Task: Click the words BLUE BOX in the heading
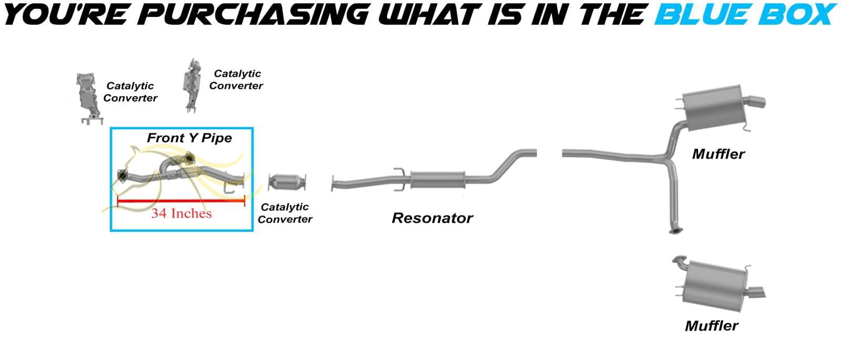[x=746, y=14]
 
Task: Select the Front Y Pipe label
[x=189, y=138]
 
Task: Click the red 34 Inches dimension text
[x=181, y=213]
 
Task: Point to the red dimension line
[x=181, y=201]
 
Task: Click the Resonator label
[x=432, y=218]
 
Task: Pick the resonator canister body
[x=438, y=180]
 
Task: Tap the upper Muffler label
[x=718, y=154]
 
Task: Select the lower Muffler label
[x=712, y=325]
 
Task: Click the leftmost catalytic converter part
[x=89, y=98]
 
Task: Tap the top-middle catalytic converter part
[x=191, y=85]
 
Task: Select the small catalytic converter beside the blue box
[x=287, y=182]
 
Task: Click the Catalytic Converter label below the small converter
[x=285, y=213]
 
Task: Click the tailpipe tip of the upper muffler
[x=757, y=101]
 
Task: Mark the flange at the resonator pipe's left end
[x=333, y=183]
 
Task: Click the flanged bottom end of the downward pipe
[x=675, y=230]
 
